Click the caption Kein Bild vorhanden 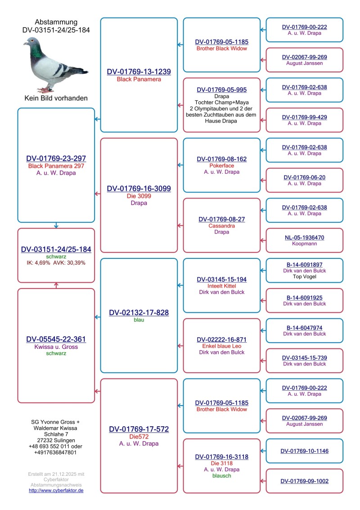tap(56, 98)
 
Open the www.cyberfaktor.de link tap(56, 490)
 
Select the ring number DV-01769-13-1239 tap(139, 72)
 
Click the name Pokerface tap(221, 166)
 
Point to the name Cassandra tap(221, 226)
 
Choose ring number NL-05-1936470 tap(304, 237)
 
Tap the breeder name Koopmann tap(304, 244)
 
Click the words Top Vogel tap(304, 277)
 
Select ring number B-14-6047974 tap(304, 328)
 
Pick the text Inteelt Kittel tap(221, 286)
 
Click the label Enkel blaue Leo tap(221, 346)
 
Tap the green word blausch tap(221, 475)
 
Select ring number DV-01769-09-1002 tap(304, 481)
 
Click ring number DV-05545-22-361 tap(56, 339)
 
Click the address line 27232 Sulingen tap(56, 440)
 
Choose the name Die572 tap(139, 437)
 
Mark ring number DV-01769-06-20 tap(304, 177)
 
